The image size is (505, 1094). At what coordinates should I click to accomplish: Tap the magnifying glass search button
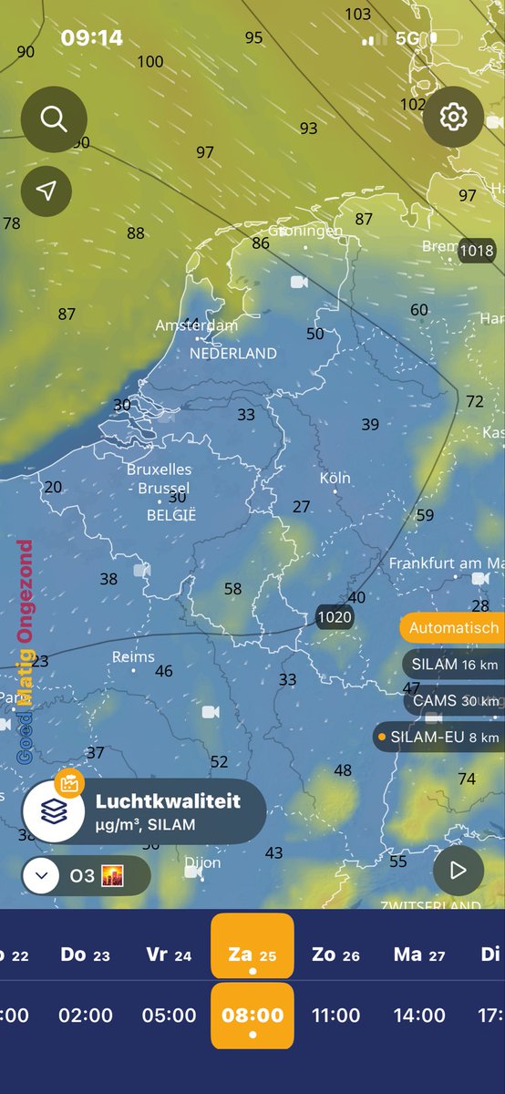[54, 119]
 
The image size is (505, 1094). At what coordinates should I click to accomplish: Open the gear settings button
[452, 118]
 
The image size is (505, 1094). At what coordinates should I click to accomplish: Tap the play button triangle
[458, 871]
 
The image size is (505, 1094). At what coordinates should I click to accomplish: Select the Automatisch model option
[453, 627]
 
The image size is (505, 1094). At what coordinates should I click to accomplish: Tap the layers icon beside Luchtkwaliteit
[54, 810]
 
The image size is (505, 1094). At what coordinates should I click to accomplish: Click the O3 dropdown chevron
[40, 876]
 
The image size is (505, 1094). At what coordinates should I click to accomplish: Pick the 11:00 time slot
[335, 1015]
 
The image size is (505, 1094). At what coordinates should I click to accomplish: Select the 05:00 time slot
[170, 1015]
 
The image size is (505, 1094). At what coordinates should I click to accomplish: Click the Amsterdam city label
[197, 325]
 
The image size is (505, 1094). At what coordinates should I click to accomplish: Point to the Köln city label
[335, 479]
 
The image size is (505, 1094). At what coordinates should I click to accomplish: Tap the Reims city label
[133, 657]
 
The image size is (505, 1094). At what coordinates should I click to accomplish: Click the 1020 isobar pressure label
[334, 617]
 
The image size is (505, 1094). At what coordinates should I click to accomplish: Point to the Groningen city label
[305, 232]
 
